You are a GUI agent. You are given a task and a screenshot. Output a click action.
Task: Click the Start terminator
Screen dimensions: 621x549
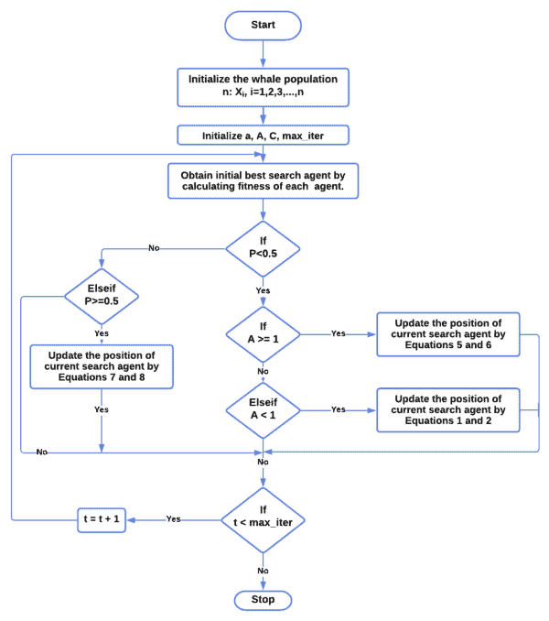coord(263,25)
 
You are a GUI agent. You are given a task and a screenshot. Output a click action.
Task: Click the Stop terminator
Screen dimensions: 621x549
coord(263,600)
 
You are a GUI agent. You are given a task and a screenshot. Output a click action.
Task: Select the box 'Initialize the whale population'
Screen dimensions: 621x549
coord(263,87)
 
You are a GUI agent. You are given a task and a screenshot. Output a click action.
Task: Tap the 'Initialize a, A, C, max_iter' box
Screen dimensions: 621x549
coord(263,136)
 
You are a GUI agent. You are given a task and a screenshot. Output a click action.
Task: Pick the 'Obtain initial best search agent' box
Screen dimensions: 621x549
coord(263,180)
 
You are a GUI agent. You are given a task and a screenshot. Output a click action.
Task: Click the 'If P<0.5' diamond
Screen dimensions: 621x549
coord(263,248)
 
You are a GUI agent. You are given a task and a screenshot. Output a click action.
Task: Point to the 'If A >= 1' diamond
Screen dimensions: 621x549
coord(263,333)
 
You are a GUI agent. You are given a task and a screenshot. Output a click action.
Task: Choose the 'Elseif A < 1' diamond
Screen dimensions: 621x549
coord(263,409)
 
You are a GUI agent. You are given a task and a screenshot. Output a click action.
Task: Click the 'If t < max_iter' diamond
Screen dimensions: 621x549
coord(263,518)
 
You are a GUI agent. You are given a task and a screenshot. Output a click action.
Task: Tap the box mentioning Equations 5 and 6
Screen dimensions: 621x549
coord(447,334)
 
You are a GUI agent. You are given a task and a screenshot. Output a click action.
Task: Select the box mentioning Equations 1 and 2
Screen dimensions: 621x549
coord(447,409)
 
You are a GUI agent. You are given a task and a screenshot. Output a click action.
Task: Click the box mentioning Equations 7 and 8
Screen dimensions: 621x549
coord(102,366)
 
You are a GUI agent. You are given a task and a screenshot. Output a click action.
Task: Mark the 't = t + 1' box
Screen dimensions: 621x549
coord(102,518)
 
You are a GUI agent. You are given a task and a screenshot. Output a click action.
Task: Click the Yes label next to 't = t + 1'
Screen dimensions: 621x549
coord(173,518)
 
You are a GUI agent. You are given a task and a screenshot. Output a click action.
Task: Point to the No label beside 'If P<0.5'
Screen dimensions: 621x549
coord(154,248)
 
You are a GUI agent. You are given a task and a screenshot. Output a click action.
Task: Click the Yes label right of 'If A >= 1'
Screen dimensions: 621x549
coord(338,333)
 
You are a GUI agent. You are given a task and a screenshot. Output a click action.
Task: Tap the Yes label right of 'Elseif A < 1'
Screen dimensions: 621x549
coord(338,409)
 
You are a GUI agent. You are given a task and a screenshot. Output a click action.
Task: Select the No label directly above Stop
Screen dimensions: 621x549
coord(263,571)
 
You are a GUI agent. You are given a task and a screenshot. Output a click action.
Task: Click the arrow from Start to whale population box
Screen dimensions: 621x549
coord(263,53)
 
